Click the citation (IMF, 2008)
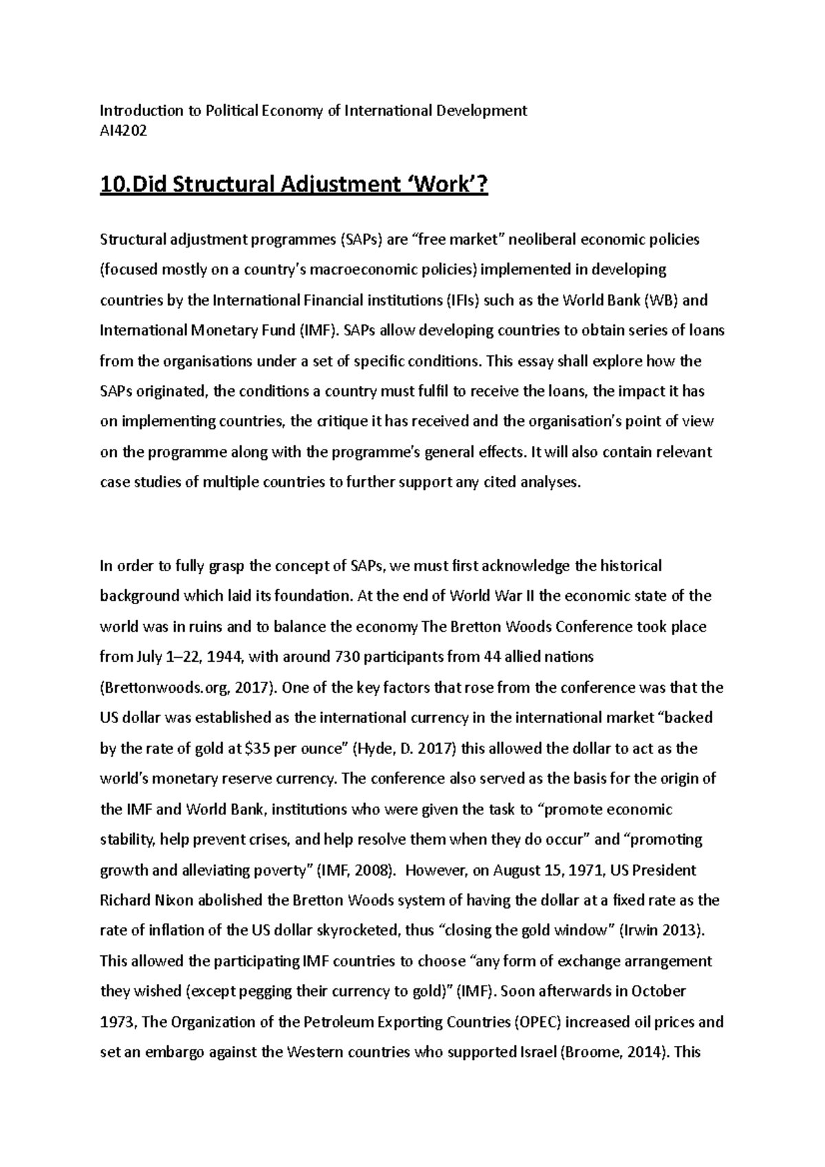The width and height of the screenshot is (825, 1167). pyautogui.click(x=356, y=870)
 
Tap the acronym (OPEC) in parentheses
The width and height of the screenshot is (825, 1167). pyautogui.click(x=539, y=1022)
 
